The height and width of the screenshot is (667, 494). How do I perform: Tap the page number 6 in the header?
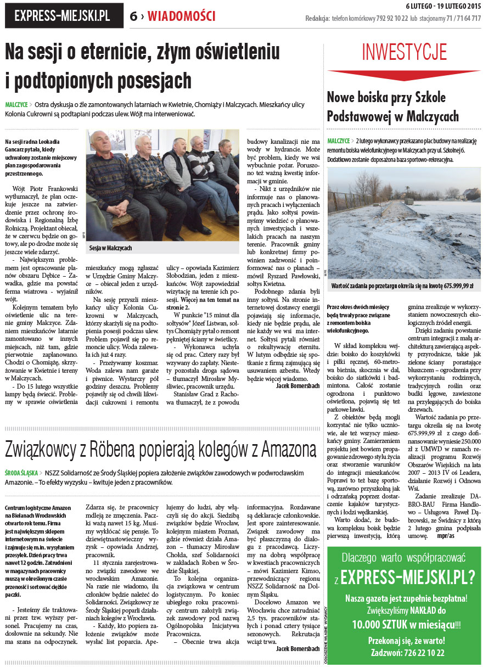coord(133,16)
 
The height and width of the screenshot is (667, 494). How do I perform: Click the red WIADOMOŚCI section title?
coord(182,16)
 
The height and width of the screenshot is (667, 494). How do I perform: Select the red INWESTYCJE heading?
coord(403,52)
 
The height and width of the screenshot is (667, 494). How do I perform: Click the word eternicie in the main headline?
coord(105,52)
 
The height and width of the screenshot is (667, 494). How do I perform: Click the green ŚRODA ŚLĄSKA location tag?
coord(21,472)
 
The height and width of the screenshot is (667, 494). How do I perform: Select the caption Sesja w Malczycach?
coord(110,248)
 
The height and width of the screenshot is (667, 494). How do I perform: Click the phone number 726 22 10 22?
coord(422,653)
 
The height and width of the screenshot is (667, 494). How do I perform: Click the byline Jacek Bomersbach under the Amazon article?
coord(297,648)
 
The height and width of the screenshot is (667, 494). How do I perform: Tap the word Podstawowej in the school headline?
coord(360,116)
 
